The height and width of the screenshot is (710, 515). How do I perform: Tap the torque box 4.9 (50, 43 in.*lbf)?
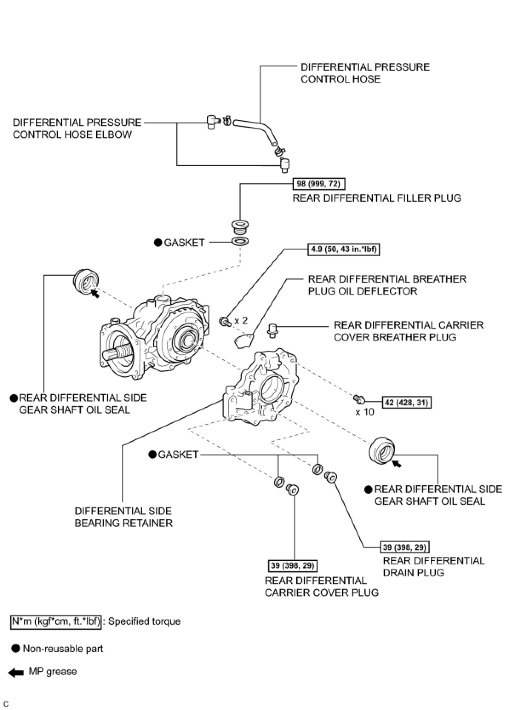click(x=343, y=249)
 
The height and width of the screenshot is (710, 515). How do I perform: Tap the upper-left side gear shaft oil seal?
click(x=86, y=281)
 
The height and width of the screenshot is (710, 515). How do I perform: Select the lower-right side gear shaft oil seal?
click(x=381, y=449)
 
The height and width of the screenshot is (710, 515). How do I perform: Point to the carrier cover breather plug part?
click(x=272, y=329)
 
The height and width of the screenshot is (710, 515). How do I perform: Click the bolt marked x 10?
click(x=358, y=399)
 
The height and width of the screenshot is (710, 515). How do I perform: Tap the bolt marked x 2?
click(x=224, y=321)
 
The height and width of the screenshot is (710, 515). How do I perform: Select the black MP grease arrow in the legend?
click(x=16, y=673)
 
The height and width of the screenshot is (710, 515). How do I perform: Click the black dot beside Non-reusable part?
click(x=16, y=649)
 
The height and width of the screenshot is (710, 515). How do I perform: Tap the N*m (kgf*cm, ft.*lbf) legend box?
click(x=56, y=621)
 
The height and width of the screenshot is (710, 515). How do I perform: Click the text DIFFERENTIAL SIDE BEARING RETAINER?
click(x=123, y=517)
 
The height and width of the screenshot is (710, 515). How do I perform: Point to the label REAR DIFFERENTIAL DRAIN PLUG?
click(x=433, y=567)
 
